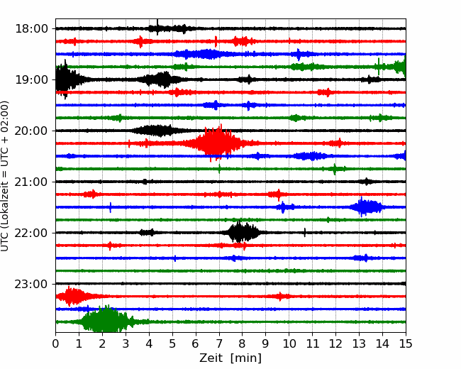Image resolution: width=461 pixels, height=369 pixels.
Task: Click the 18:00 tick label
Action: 31,29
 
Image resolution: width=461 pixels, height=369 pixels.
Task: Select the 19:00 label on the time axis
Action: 31,79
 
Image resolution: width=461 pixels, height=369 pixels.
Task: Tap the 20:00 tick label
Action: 31,131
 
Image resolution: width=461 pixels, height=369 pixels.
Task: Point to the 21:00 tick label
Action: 31,182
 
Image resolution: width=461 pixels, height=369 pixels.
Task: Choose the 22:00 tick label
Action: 31,233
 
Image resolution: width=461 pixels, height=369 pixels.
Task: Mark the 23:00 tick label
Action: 31,284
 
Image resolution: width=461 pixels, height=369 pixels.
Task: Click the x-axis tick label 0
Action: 55,343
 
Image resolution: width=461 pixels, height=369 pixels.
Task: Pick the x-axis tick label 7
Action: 218,343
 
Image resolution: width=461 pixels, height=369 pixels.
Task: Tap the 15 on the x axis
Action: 406,343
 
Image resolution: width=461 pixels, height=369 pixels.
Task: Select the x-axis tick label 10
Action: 289,343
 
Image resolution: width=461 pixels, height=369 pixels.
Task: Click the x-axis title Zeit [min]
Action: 230,358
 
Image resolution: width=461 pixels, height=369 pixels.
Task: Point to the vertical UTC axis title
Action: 5,176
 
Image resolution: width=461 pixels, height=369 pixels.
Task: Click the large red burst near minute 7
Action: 218,143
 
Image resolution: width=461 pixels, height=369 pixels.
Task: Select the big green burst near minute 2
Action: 106,321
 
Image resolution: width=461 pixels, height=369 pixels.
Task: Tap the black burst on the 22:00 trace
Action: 241,233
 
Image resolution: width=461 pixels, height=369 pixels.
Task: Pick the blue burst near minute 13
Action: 366,207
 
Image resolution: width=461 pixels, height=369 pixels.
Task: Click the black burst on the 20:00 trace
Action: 156,131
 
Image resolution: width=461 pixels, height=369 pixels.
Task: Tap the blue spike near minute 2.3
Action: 110,207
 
